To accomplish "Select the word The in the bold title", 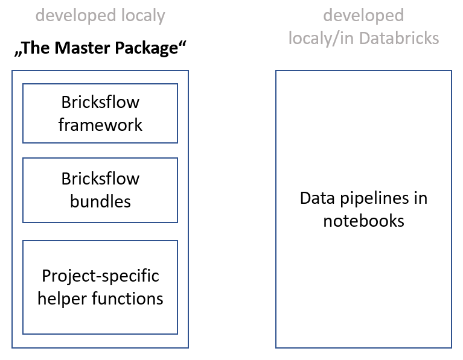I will [38, 49].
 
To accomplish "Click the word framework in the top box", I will [100, 125].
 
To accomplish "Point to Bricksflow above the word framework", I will [100, 103].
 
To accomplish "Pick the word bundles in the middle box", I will [100, 201].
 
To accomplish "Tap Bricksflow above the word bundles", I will [100, 178].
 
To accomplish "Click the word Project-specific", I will [100, 276].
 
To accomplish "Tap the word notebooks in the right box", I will [363, 220].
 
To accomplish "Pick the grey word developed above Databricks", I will [363, 15].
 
